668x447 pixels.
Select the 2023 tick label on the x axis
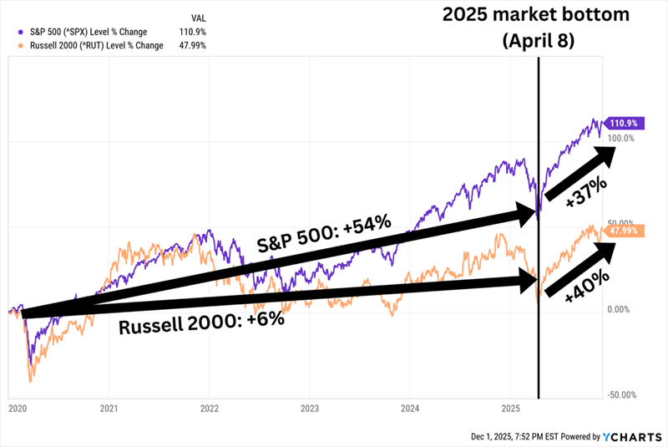pos(310,409)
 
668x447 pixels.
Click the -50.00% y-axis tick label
pos(623,394)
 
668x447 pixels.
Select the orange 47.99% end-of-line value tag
pos(628,230)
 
